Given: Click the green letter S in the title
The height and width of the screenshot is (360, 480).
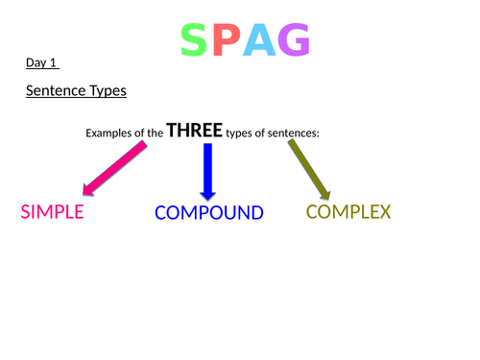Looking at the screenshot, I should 193,40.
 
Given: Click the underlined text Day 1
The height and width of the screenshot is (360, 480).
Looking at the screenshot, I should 42,64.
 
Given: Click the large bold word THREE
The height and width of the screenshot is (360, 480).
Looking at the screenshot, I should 194,131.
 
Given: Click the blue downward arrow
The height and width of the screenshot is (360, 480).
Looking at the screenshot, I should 206,168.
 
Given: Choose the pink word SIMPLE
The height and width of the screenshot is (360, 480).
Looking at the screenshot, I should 52,211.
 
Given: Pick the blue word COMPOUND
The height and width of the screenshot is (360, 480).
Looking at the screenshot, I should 208,212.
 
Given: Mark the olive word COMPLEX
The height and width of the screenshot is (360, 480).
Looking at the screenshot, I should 348,211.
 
